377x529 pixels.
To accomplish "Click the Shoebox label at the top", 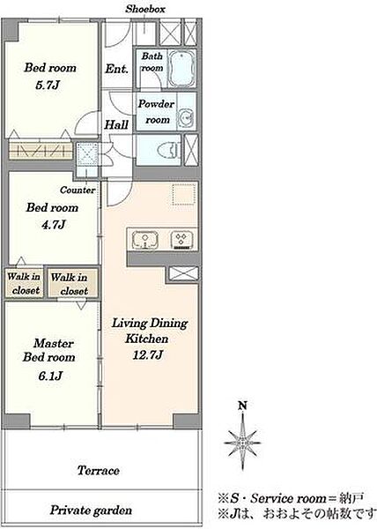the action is (145, 9).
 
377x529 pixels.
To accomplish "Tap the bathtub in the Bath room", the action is (181, 69).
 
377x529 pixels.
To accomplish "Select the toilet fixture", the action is (167, 150).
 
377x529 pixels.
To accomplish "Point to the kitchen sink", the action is (145, 240).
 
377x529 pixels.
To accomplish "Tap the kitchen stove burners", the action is (181, 240).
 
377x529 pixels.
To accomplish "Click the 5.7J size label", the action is (48, 85).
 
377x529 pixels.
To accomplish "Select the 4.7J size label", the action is (53, 224).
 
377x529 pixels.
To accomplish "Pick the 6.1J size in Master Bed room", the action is (50, 376).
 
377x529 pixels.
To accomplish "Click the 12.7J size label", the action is (148, 355).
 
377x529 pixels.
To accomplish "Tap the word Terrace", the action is (98, 470).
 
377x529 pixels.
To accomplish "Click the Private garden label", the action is (91, 510).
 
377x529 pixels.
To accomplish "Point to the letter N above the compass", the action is (242, 406).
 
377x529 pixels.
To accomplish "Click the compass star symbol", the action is (242, 442).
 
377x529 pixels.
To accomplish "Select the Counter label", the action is (78, 190).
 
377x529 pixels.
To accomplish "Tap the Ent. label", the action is (116, 69).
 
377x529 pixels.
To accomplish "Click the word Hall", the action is (116, 125).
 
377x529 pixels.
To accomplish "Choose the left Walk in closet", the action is (24, 283).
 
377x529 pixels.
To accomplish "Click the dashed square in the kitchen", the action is (184, 194).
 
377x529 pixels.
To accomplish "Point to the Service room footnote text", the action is (291, 498).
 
